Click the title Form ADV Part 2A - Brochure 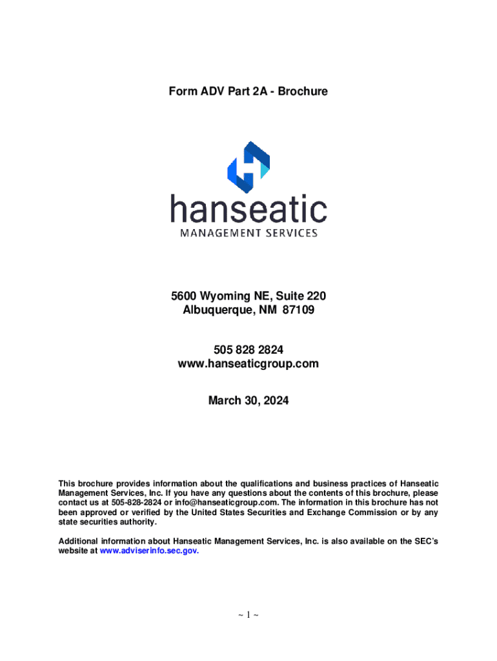point(248,92)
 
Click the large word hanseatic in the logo point(249,209)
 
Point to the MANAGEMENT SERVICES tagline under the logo point(249,232)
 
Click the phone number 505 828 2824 point(248,349)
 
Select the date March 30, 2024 point(248,401)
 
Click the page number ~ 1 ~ point(248,615)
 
